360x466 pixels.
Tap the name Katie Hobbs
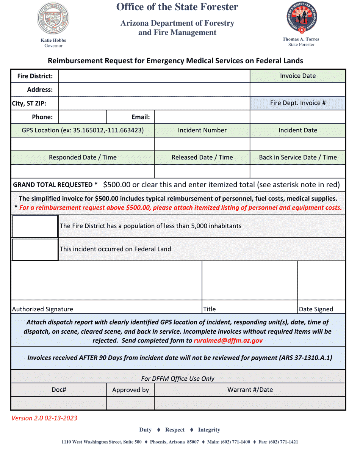53,40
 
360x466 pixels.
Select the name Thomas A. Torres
301,39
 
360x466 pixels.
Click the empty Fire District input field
154,76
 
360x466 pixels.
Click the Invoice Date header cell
297,76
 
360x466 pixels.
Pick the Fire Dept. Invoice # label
297,103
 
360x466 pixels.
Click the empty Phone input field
82,117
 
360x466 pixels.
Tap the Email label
140,117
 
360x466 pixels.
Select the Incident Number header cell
202,130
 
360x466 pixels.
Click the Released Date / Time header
202,157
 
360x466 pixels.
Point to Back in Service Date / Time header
297,157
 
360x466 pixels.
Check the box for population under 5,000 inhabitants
35,226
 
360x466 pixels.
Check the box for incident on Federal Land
35,249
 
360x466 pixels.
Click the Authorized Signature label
42,309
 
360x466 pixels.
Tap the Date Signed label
316,309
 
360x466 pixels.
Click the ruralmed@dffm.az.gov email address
228,340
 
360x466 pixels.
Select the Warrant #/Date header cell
250,390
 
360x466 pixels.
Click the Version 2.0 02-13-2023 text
44,418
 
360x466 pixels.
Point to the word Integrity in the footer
209,430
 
